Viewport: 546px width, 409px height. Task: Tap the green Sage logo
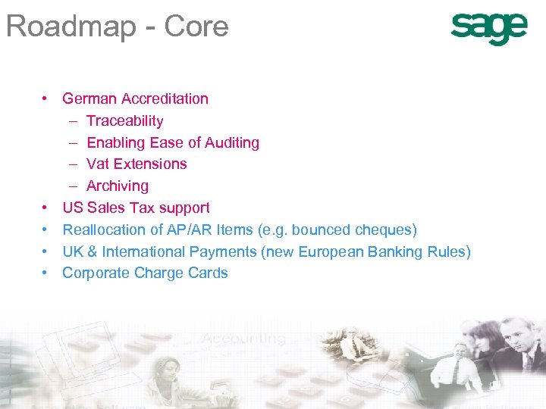point(488,29)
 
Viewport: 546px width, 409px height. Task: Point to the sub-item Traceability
point(124,120)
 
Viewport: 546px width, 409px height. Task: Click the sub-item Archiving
point(118,186)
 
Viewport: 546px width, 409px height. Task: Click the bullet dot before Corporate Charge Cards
point(46,273)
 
